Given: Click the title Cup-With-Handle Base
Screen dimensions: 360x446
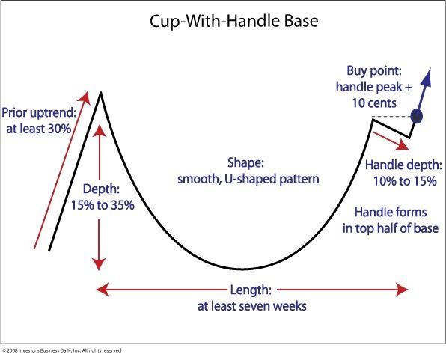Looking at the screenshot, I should pyautogui.click(x=223, y=21).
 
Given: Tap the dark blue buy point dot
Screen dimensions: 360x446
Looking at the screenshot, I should pyautogui.click(x=417, y=116).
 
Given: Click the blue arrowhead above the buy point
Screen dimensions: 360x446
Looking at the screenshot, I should pyautogui.click(x=430, y=76).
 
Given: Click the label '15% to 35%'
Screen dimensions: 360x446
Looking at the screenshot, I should pyautogui.click(x=103, y=204).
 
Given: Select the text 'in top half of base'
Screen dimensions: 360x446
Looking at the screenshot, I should pyautogui.click(x=390, y=228).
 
